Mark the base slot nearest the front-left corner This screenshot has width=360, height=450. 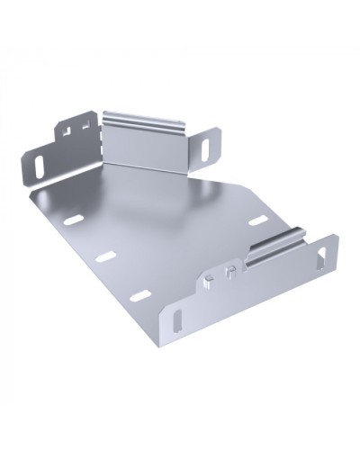point(139,296)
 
